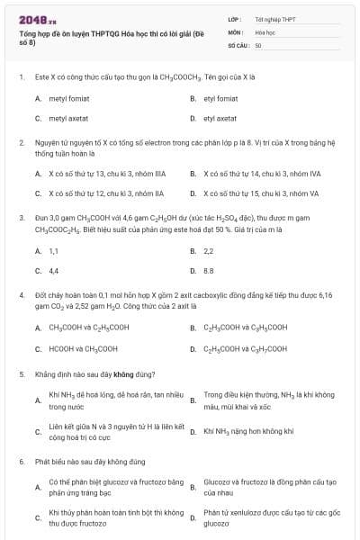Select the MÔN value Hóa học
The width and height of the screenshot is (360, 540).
point(265,31)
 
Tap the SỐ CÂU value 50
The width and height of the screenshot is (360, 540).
point(258,44)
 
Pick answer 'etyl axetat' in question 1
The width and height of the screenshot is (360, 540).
point(220,118)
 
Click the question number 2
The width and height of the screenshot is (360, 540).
point(21,142)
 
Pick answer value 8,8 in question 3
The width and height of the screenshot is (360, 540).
point(209,270)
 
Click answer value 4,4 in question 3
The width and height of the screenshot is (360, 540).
point(54,270)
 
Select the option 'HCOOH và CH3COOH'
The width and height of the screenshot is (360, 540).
point(83,348)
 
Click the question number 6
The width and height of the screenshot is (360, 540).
point(21,461)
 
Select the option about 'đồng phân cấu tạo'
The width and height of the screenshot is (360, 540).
point(270,487)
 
